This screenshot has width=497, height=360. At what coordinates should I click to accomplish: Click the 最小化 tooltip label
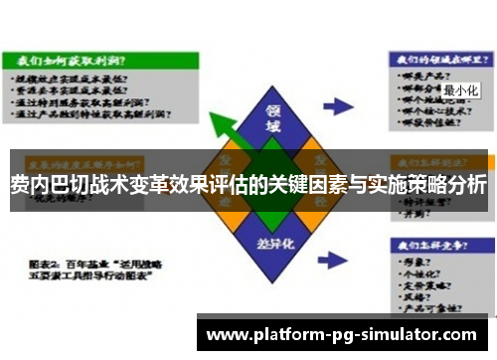point(461,90)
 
